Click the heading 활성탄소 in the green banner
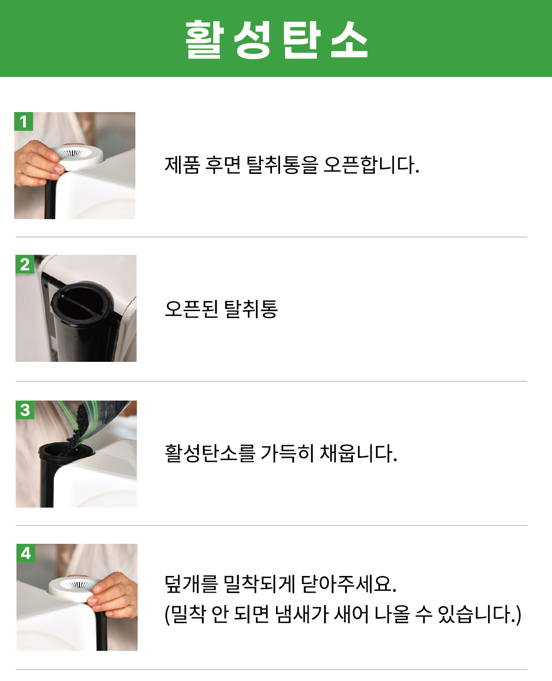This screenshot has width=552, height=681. coord(277,39)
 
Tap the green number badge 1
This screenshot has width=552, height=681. coord(23,121)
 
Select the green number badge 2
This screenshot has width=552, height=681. coord(25,264)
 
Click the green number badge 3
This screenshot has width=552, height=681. coord(25,410)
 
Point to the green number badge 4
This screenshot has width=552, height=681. coord(26,553)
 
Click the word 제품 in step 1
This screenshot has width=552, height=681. coord(182,165)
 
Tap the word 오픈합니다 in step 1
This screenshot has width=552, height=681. coord(372,165)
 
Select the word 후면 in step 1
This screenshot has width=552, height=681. coord(223,165)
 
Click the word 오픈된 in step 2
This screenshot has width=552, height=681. coord(191,309)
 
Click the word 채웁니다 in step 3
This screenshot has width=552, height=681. coord(358,453)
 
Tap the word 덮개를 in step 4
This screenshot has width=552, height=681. coord(191,584)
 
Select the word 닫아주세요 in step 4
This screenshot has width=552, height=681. coord(348,584)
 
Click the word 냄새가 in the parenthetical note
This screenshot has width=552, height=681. coord(302,614)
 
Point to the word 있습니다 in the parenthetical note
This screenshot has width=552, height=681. coord(479,614)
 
